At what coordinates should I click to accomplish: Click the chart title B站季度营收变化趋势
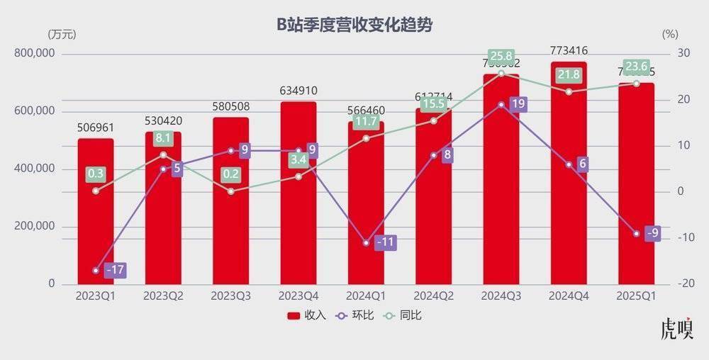pos(354,25)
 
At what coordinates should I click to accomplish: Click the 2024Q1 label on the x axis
pos(366,295)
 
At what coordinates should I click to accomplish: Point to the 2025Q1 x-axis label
pos(636,295)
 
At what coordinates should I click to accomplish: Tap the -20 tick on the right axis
pos(668,283)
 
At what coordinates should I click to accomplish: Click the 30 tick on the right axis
pos(667,54)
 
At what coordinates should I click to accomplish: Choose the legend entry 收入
pos(306,315)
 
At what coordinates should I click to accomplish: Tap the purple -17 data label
pos(116,270)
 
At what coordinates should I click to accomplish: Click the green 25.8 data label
pos(501,56)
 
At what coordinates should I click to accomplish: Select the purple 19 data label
pos(518,104)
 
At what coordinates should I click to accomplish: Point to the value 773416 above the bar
pos(569,50)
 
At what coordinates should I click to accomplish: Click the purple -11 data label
pos(386,242)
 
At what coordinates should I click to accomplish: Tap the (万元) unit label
pos(62,34)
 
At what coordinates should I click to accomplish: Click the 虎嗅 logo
pos(676,330)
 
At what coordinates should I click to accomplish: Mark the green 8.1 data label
pos(163,139)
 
